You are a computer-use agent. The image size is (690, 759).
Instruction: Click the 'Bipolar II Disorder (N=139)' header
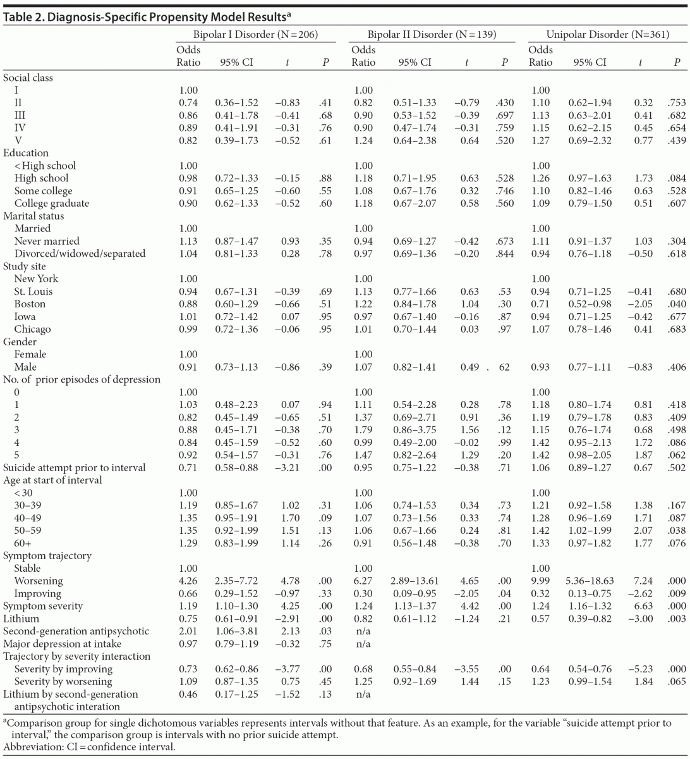432,35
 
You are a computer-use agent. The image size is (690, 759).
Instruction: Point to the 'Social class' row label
28,78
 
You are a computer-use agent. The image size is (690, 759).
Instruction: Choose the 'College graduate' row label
52,203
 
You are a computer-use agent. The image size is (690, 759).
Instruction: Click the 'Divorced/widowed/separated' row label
80,254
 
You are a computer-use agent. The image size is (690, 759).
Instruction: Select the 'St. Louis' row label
33,292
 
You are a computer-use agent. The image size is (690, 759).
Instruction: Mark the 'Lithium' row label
21,619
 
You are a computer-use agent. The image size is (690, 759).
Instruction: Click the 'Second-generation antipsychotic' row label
76,631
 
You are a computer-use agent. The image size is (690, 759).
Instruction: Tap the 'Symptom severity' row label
43,606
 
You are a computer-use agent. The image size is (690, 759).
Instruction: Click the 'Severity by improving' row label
63,669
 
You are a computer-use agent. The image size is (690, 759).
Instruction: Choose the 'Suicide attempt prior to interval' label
75,467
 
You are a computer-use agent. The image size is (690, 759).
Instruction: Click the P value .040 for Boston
678,304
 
